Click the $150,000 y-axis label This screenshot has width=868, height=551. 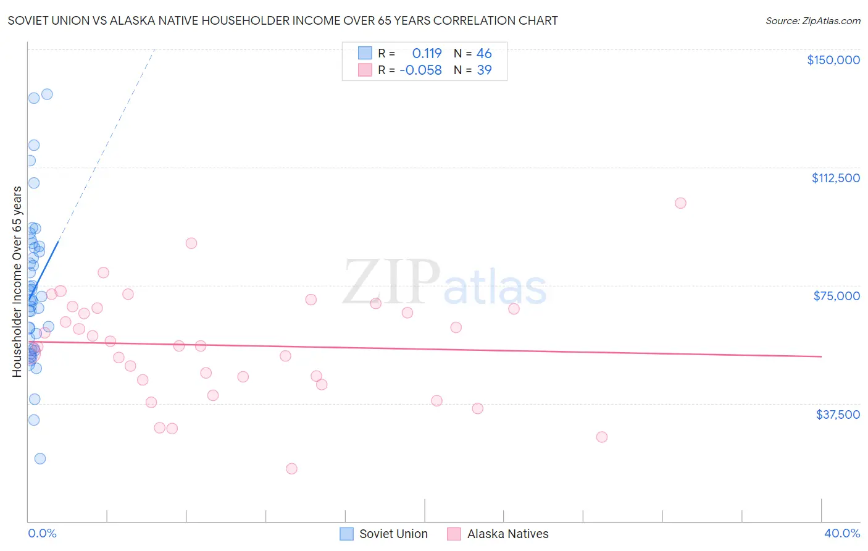833,60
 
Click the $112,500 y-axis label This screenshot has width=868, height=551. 835,178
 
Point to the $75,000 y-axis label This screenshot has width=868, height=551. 837,296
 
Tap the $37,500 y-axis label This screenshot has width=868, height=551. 838,414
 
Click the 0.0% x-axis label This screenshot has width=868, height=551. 42,533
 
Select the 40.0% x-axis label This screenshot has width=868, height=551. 841,533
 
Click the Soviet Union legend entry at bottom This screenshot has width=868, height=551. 393,534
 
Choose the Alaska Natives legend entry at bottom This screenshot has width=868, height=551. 507,534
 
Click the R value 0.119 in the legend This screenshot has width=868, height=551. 427,54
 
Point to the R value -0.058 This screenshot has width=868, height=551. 420,70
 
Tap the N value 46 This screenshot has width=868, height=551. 484,54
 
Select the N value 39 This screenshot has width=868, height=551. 484,70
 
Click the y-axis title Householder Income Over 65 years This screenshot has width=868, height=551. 17,281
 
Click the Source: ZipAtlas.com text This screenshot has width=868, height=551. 812,21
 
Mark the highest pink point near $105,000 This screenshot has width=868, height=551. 680,203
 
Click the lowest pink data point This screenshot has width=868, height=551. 291,469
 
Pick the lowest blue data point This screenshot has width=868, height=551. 40,458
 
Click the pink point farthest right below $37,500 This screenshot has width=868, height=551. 602,437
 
